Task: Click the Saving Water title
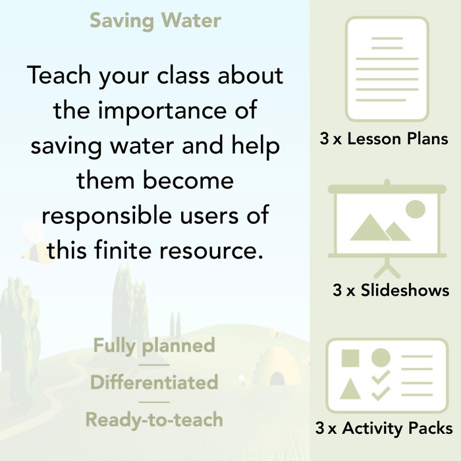click(155, 20)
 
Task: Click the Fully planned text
click(154, 346)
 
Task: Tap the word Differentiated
click(154, 382)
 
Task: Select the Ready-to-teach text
click(154, 419)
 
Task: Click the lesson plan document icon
click(386, 69)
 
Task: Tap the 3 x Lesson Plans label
click(384, 139)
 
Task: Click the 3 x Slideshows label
click(391, 290)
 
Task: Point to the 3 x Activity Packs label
click(384, 429)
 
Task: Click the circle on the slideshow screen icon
click(415, 209)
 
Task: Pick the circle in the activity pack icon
click(381, 358)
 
